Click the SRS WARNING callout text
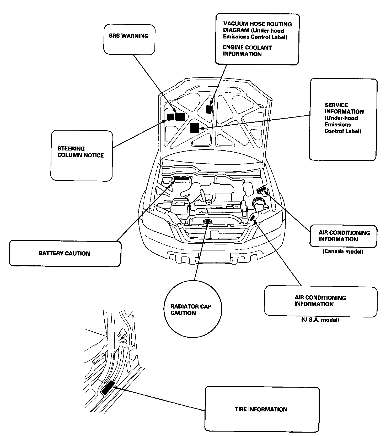click(x=128, y=36)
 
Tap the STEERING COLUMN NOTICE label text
click(x=81, y=152)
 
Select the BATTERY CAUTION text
click(x=64, y=253)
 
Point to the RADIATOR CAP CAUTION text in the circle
click(x=191, y=310)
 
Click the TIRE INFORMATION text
click(x=261, y=409)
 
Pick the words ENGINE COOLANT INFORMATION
click(x=247, y=51)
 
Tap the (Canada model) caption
click(x=343, y=251)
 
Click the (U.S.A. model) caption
click(x=320, y=320)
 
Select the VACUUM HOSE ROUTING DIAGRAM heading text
click(x=257, y=27)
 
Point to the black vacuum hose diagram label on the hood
click(x=209, y=109)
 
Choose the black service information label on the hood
click(x=195, y=128)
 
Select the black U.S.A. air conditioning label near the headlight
click(x=253, y=218)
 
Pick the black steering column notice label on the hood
click(x=170, y=117)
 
